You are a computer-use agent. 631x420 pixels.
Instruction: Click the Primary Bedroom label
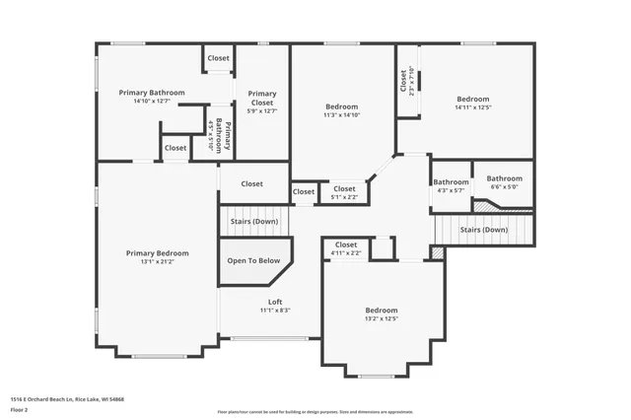(x=157, y=252)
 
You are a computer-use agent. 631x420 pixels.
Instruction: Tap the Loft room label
(x=275, y=301)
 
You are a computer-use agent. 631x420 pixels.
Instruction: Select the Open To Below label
(x=250, y=261)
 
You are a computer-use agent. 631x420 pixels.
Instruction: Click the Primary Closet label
(x=261, y=98)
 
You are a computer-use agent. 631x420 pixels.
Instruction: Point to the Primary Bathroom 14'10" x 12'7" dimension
(x=151, y=101)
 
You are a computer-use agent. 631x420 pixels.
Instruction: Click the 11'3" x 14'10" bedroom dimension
(x=342, y=114)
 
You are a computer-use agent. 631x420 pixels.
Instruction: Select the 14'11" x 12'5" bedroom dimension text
(x=472, y=107)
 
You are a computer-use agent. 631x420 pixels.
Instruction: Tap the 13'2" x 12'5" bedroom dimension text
(x=381, y=318)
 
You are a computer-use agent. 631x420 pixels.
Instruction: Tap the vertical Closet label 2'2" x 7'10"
(x=406, y=80)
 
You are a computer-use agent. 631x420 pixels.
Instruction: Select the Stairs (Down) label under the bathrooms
(x=483, y=229)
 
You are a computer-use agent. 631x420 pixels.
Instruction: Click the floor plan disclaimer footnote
(x=315, y=411)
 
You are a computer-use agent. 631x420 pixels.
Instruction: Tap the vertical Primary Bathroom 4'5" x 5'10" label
(x=220, y=135)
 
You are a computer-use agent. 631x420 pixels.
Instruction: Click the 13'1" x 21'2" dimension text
(x=157, y=262)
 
